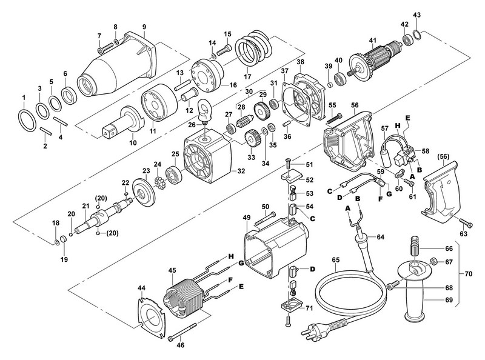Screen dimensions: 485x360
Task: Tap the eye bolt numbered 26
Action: (x=204, y=111)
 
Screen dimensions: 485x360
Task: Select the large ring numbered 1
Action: (x=27, y=121)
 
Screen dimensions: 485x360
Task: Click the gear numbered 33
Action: (x=251, y=139)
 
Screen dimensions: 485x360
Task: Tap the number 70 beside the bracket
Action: (x=468, y=274)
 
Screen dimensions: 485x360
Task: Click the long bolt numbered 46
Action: (x=183, y=332)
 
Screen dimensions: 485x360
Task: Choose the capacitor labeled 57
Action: (x=389, y=149)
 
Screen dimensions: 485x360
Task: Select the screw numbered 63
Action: (x=466, y=222)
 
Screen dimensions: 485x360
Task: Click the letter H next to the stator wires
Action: (x=230, y=256)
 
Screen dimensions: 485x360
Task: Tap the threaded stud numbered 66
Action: (x=415, y=245)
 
